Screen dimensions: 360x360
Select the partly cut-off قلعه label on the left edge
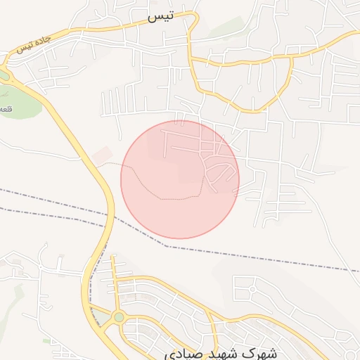click(x=6, y=109)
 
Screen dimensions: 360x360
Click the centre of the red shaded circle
click(x=180, y=179)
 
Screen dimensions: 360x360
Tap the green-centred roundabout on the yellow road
click(x=119, y=317)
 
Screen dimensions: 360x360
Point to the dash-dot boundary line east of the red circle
click(x=281, y=260)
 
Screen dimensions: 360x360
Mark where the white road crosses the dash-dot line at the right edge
click(x=349, y=270)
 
